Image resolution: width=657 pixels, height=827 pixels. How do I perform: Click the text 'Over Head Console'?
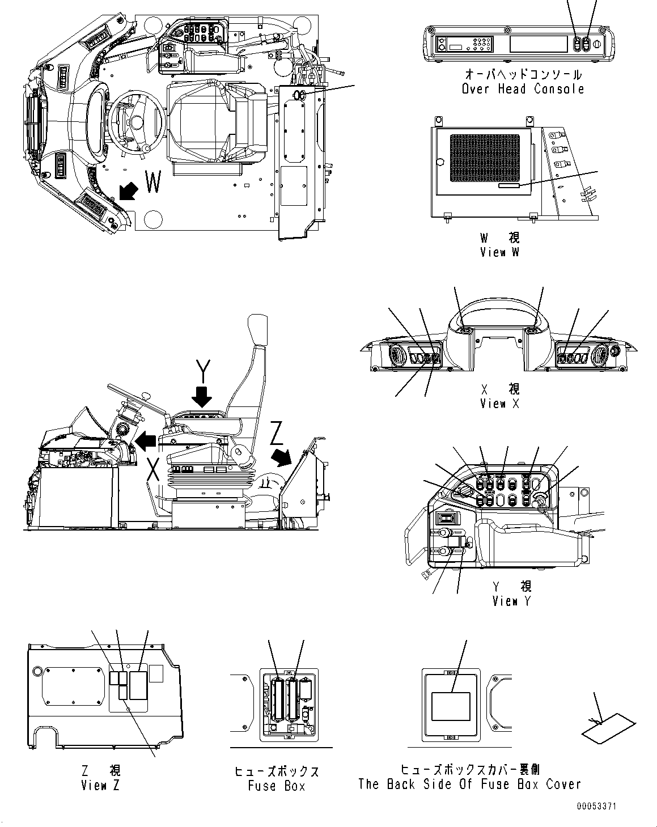[x=523, y=89]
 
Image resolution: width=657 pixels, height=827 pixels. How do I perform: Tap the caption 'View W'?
[x=499, y=252]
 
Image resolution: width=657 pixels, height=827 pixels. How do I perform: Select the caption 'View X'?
[x=500, y=404]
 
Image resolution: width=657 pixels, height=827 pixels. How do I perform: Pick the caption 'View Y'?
[x=512, y=601]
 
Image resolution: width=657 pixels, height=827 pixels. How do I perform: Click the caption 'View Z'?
[x=101, y=785]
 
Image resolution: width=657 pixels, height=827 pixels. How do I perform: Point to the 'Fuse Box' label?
[x=277, y=786]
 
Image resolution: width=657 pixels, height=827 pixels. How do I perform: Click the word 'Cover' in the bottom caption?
[x=563, y=784]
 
